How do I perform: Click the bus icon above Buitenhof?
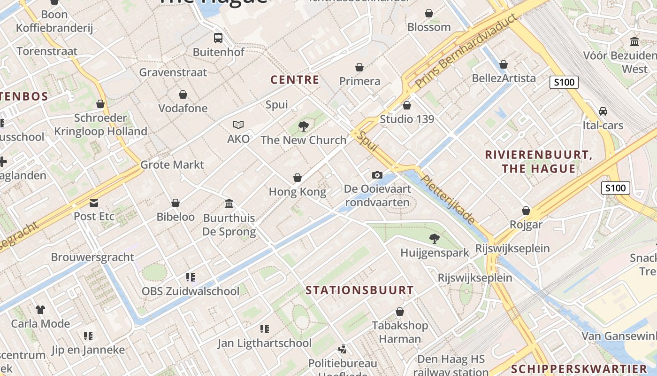218,38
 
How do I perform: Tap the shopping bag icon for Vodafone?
183,94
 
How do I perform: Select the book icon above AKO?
238,125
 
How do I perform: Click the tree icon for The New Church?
304,126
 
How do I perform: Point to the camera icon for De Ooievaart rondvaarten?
377,175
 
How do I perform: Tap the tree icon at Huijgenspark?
435,239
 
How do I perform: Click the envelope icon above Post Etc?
94,203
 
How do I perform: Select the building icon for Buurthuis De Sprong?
229,204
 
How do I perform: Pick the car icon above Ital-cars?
603,111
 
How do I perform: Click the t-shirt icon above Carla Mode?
40,310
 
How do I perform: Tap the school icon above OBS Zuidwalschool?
191,277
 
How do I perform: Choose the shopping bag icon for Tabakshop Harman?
400,312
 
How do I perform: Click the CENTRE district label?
295,80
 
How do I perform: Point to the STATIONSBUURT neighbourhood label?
359,290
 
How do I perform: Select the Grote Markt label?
172,164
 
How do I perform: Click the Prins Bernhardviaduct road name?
467,52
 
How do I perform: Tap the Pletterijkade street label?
448,199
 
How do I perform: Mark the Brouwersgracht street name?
92,257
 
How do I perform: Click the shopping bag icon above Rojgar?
526,211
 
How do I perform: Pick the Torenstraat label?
47,51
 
